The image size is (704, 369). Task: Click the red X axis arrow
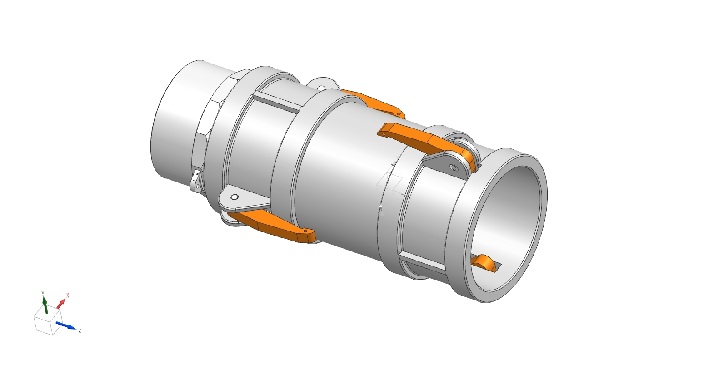(61, 304)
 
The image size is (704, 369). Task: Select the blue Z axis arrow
(65, 325)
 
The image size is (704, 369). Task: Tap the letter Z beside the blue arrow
(80, 331)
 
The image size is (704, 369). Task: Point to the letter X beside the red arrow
(68, 295)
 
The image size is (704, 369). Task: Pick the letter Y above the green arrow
(43, 294)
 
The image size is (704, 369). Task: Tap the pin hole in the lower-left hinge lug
(234, 197)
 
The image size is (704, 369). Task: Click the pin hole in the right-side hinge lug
(453, 168)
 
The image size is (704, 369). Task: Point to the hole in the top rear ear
(321, 88)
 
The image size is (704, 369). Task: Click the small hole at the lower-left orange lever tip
(306, 231)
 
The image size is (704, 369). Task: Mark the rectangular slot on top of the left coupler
(277, 102)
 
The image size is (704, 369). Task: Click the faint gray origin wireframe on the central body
(389, 184)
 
